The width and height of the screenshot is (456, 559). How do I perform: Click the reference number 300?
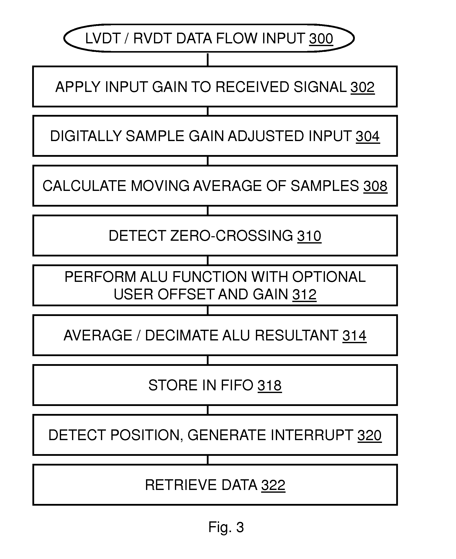pos(321,39)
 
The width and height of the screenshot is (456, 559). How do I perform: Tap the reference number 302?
pos(362,87)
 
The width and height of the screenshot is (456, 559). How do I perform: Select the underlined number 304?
pos(368,136)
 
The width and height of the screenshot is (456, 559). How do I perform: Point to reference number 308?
pos(375,186)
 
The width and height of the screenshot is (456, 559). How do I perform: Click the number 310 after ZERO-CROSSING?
pos(309,236)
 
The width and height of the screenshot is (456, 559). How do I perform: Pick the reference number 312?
pos(304,294)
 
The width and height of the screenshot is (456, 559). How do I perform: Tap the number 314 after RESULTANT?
pos(354,336)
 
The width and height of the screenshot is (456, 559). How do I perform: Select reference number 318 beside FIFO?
pos(270,385)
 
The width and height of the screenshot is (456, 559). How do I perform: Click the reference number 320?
pos(369,435)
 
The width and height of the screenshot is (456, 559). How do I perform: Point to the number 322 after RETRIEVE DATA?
pos(273,485)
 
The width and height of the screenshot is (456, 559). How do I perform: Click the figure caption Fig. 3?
pos(226,527)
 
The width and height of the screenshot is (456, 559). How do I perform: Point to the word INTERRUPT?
pos(311,435)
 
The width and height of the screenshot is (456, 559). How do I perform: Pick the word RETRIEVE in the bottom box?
pos(181,485)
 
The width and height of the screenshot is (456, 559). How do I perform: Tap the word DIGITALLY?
pos(86,136)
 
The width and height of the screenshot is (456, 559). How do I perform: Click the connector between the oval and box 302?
pos(208,60)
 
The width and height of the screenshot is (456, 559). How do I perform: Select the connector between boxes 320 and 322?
pos(208,460)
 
